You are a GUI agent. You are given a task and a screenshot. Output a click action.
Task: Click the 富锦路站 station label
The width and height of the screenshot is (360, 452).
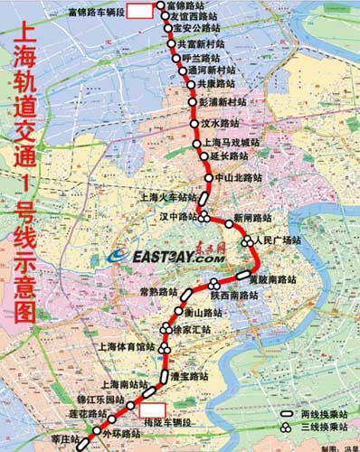[x=188, y=6]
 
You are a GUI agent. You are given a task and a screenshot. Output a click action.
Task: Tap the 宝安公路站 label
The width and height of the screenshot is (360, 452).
[x=198, y=28]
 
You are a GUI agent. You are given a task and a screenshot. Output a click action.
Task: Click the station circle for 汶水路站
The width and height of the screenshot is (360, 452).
[x=193, y=123]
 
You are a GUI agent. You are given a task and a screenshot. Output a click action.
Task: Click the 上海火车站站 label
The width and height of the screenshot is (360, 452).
[x=168, y=196]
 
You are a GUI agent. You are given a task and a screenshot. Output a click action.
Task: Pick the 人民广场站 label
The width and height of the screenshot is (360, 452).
[x=277, y=240]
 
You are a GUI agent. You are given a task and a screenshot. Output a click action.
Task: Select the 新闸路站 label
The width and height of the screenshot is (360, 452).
[x=252, y=219]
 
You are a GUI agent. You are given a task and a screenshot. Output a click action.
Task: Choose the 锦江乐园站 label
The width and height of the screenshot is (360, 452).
[x=100, y=399]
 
